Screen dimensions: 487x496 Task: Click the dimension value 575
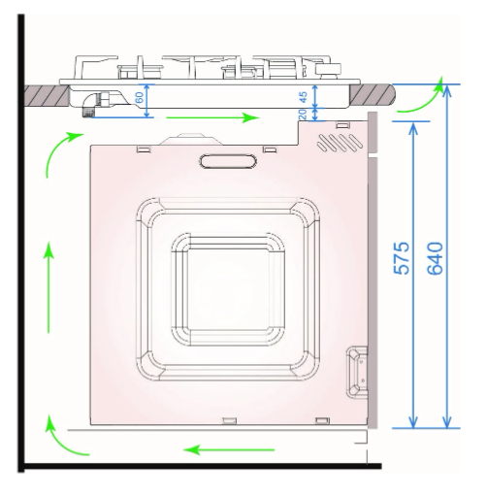tap(402, 258)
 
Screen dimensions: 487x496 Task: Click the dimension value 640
tap(435, 258)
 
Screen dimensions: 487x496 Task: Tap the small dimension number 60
tap(139, 97)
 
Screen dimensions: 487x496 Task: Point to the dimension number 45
tap(303, 97)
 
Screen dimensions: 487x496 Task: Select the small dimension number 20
tap(303, 114)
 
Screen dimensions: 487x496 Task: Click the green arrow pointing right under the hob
tap(212, 117)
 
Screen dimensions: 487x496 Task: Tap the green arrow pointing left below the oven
tap(229, 449)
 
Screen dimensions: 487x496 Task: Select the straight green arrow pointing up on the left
tap(49, 287)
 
